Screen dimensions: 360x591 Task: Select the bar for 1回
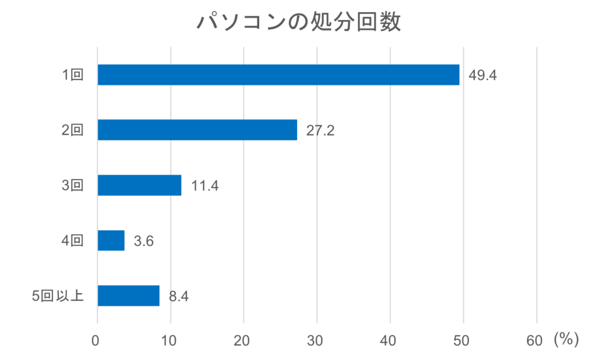tap(278, 75)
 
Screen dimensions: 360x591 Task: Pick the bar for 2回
tap(197, 130)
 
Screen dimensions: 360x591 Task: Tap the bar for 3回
tap(139, 185)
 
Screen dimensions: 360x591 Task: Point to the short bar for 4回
tap(111, 241)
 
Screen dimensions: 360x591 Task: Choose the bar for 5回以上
tap(128, 295)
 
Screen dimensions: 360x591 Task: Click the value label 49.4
tap(482, 76)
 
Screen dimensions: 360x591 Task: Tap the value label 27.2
tap(320, 130)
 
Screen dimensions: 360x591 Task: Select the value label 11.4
tap(204, 186)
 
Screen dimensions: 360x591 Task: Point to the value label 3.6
tap(144, 241)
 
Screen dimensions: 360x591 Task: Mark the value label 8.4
tap(179, 297)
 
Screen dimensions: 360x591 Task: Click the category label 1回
tap(73, 75)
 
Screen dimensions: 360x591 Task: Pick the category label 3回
tap(73, 185)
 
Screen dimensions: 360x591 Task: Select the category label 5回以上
tap(58, 296)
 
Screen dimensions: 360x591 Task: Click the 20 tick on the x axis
tap(243, 341)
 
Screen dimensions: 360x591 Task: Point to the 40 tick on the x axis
tap(390, 341)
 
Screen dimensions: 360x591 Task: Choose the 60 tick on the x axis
tap(535, 341)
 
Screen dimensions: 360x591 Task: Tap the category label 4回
tap(73, 241)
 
